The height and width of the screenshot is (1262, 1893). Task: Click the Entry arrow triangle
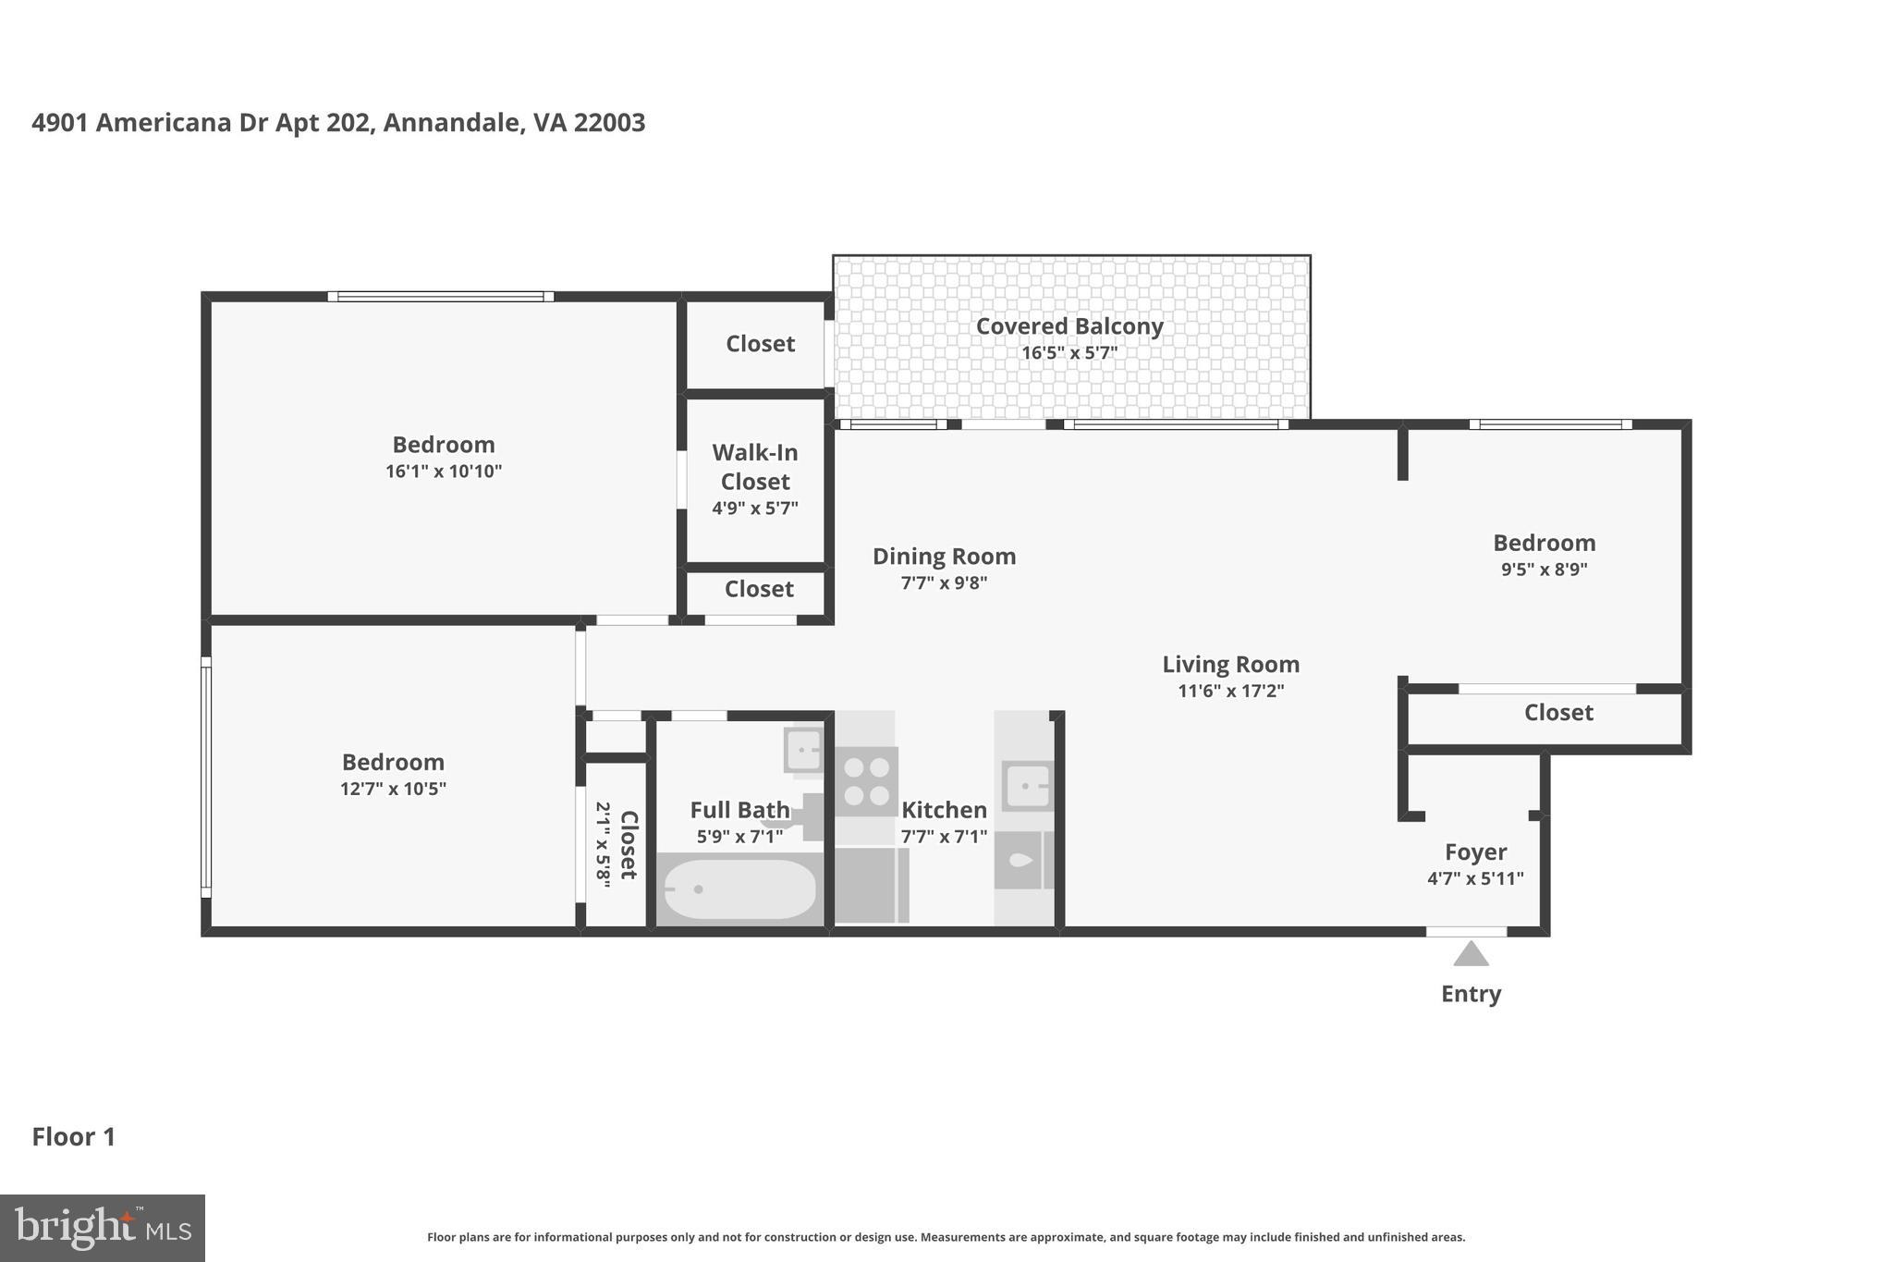1471,954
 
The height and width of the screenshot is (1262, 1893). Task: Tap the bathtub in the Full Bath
739,889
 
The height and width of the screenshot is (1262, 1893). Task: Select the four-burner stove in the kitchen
867,781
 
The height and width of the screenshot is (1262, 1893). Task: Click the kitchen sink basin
1026,786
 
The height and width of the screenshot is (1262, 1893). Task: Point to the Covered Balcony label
1069,326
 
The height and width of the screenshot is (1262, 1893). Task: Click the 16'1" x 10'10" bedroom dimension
444,472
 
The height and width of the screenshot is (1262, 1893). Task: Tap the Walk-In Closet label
755,467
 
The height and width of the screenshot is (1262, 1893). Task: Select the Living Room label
1230,664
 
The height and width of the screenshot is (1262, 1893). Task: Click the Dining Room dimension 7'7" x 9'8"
944,583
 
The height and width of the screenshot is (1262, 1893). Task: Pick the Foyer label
1475,852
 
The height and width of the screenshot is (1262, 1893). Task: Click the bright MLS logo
103,1228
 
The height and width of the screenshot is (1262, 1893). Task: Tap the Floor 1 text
74,1136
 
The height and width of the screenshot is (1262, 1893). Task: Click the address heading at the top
338,123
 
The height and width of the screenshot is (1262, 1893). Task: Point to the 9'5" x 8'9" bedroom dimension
1544,570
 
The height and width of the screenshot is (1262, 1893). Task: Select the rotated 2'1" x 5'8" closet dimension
603,845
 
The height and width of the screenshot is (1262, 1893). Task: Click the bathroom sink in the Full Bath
803,749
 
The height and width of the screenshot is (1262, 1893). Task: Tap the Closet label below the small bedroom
1558,713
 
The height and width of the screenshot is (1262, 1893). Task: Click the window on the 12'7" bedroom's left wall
206,777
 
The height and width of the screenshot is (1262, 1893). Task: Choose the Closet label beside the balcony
760,344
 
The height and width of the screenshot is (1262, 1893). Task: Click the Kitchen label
944,810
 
